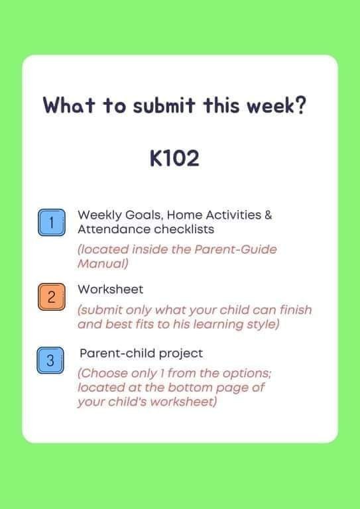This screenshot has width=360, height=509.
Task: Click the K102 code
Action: pos(174,158)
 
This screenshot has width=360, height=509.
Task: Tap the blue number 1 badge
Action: pos(52,223)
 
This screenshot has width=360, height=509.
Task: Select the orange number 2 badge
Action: pos(52,297)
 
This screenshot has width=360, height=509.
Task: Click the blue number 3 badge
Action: pos(50,361)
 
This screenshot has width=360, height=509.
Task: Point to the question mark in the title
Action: pos(301,105)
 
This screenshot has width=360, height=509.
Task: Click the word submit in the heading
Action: pos(164,105)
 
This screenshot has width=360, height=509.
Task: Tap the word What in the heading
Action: pos(69,105)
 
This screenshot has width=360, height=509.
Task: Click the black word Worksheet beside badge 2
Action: pos(110,289)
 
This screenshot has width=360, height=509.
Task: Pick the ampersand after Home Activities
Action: pos(268,215)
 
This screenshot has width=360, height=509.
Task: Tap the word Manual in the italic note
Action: pos(103,264)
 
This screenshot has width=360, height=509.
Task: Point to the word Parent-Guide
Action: pos(235,249)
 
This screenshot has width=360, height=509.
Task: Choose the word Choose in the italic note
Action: pos(103,373)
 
